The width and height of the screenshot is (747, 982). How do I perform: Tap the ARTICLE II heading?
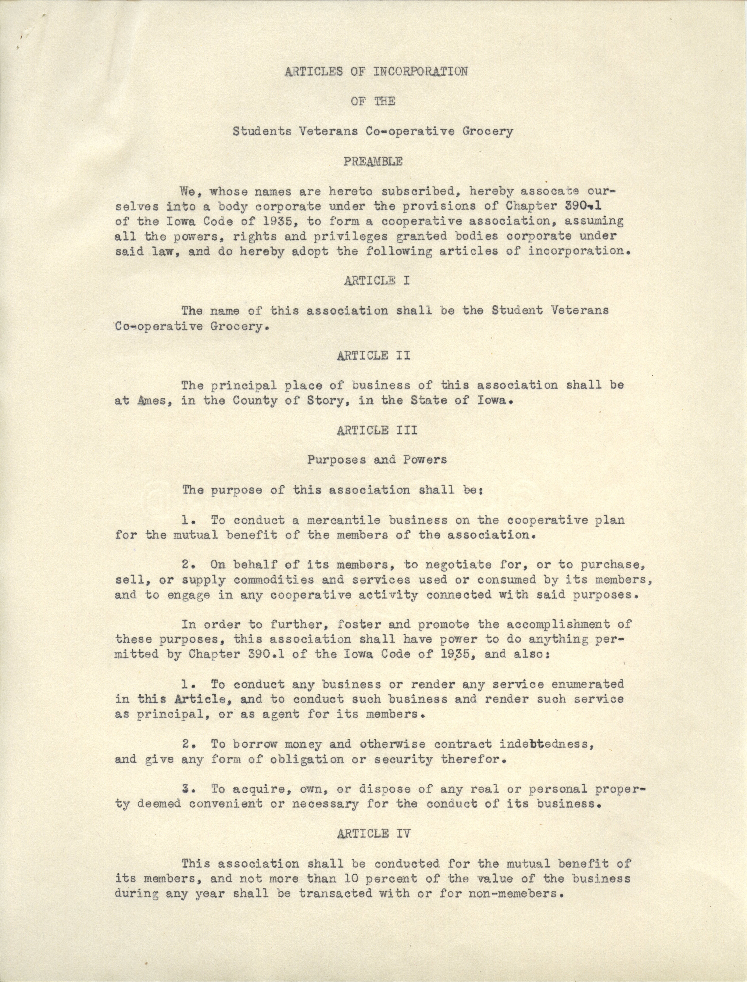click(x=373, y=356)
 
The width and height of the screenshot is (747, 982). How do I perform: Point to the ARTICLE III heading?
click(x=377, y=430)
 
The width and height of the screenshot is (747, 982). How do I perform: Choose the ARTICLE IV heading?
click(x=373, y=834)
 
